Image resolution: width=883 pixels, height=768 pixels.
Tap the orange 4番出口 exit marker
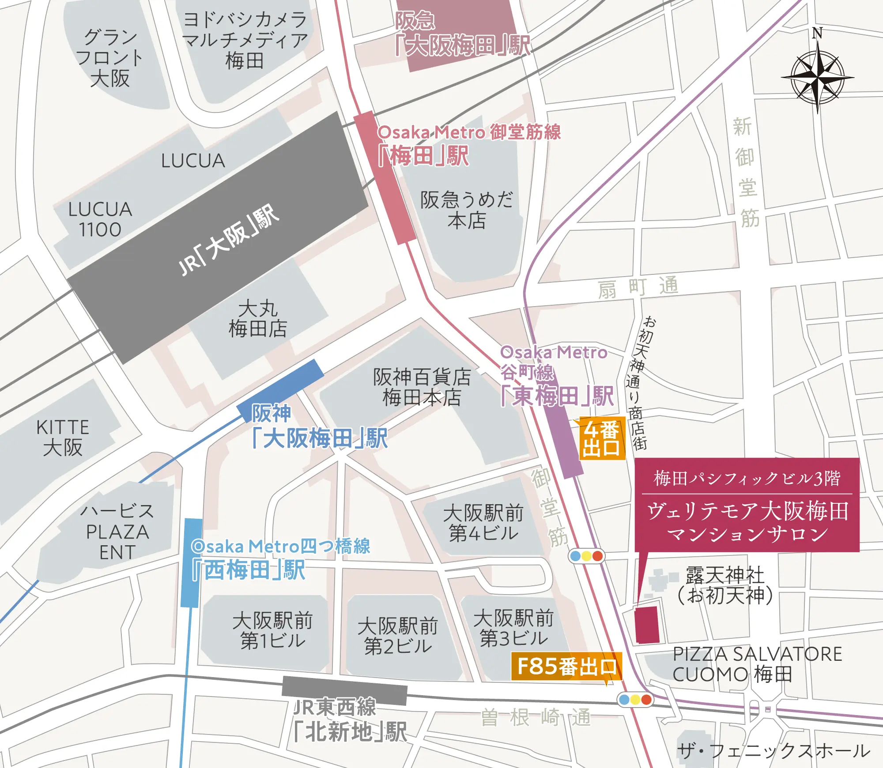click(x=601, y=438)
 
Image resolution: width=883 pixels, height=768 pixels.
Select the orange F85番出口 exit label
click(x=567, y=667)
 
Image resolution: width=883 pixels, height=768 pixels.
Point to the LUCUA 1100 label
click(x=100, y=219)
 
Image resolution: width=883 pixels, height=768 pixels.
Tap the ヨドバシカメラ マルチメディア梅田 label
click(x=245, y=40)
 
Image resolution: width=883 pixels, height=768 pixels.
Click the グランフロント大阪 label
click(x=110, y=58)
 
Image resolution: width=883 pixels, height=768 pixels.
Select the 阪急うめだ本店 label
click(x=466, y=210)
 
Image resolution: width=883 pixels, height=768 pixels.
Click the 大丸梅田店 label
click(x=258, y=318)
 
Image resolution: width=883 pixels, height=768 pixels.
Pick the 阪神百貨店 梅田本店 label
click(x=422, y=387)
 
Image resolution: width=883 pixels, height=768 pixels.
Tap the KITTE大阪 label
click(x=63, y=437)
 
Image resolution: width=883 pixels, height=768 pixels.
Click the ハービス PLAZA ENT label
click(x=117, y=532)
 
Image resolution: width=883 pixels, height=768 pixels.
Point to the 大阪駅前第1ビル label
click(x=272, y=630)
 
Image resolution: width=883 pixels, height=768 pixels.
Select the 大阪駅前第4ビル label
click(x=483, y=523)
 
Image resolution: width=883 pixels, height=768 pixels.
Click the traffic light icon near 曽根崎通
click(x=635, y=700)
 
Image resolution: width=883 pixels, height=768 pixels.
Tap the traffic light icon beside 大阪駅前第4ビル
click(x=586, y=556)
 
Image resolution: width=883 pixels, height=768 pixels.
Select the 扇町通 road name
click(x=638, y=288)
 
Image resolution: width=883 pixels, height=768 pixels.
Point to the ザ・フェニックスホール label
click(x=773, y=750)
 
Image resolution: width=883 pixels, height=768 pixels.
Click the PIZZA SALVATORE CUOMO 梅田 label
click(x=757, y=664)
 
